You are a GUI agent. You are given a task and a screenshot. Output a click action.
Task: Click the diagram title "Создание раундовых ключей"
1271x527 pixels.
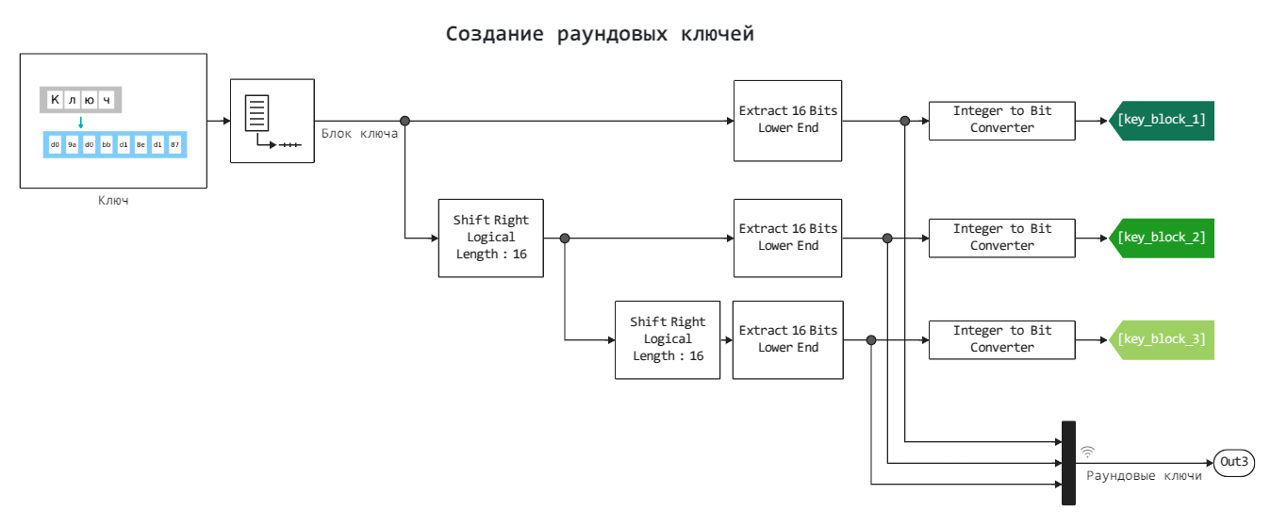click(600, 35)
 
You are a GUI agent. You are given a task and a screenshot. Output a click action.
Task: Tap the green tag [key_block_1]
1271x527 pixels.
click(1162, 120)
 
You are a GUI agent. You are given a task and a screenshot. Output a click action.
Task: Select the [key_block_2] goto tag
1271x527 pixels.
click(1162, 238)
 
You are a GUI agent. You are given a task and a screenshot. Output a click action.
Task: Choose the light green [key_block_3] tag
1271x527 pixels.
click(1162, 339)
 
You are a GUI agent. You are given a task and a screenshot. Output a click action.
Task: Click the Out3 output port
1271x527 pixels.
click(1234, 462)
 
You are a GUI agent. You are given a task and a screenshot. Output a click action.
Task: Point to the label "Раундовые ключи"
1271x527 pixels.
click(1144, 476)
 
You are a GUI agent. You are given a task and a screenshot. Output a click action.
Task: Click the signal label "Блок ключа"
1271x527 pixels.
click(359, 134)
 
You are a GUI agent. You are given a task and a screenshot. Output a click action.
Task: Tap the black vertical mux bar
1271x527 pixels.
click(1068, 462)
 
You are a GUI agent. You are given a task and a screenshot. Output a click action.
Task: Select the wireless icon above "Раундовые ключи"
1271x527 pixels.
click(1087, 452)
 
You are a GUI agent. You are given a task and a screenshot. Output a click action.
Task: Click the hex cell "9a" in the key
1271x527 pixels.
click(73, 144)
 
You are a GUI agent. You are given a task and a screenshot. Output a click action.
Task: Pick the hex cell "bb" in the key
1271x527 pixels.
click(107, 144)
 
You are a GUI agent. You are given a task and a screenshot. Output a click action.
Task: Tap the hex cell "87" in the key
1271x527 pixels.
click(174, 144)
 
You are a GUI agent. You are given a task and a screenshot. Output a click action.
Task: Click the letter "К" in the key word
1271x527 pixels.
click(56, 100)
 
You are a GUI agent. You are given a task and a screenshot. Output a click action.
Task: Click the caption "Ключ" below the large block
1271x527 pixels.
click(113, 200)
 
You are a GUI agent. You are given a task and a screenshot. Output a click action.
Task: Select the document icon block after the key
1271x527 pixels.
click(272, 121)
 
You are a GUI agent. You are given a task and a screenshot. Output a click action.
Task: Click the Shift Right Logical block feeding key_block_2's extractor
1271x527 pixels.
click(491, 238)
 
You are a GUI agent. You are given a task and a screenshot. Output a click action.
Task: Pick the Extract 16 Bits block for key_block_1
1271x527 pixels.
click(787, 120)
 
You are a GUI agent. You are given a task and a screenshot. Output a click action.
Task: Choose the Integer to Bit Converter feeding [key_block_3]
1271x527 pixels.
click(1001, 339)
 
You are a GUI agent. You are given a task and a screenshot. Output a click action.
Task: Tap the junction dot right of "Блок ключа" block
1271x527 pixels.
click(404, 121)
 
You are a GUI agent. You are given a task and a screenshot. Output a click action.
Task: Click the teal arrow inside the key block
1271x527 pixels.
click(81, 122)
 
